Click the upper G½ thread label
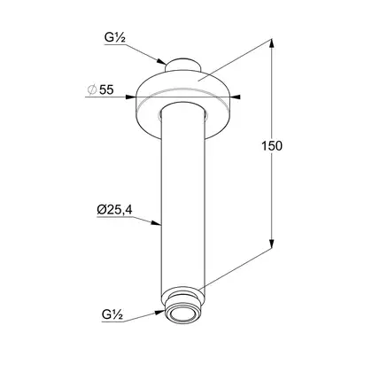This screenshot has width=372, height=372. pos(115,38)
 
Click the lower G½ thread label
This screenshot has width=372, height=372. pos(112,314)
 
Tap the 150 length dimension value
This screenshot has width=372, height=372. pos(272,146)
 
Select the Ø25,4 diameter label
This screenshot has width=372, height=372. pos(114,210)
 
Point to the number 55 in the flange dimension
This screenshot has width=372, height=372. pos(106,89)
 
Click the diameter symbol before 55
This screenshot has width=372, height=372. pos(92,89)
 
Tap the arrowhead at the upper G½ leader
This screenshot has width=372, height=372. pos(161,61)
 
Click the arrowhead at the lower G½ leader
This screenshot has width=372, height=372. pos(160,312)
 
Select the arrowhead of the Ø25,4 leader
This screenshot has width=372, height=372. pos(157,223)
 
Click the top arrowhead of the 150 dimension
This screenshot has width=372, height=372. pos(272,43)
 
